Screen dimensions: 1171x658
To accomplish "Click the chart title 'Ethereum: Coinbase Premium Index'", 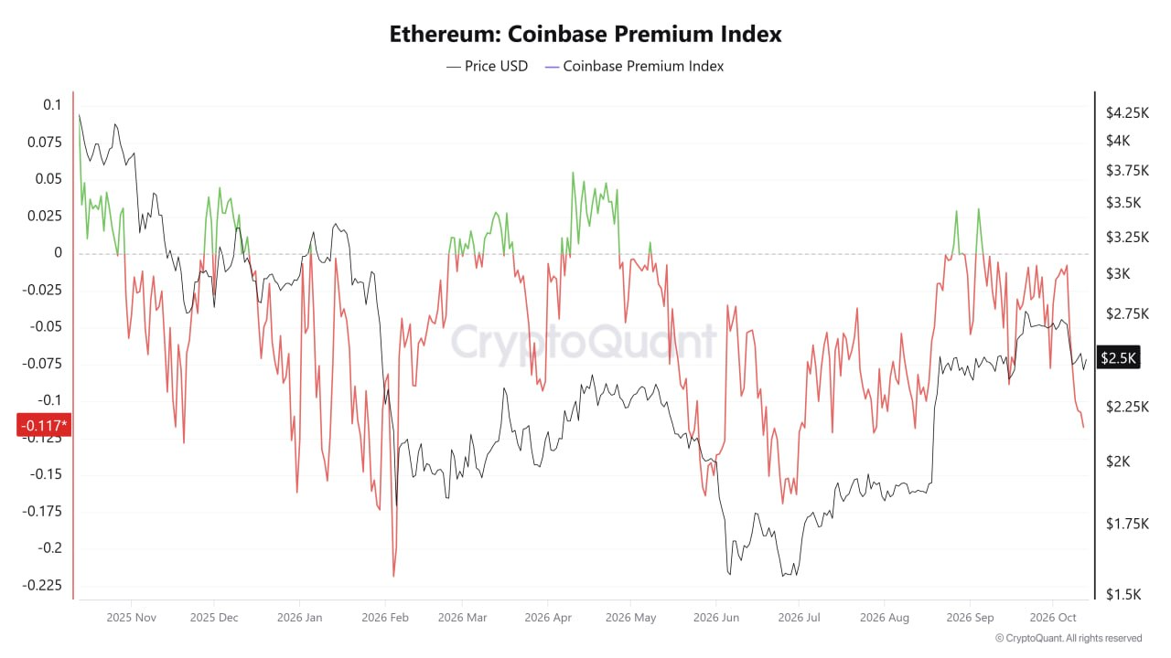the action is pyautogui.click(x=585, y=35).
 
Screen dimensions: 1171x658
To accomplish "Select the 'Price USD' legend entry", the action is pyautogui.click(x=488, y=67).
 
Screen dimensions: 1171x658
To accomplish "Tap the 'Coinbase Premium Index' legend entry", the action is pyautogui.click(x=634, y=67).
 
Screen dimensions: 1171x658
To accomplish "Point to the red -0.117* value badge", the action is pyautogui.click(x=44, y=425).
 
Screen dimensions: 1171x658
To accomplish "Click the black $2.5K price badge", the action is pyautogui.click(x=1118, y=357).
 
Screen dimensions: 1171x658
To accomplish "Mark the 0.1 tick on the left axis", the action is pyautogui.click(x=52, y=105).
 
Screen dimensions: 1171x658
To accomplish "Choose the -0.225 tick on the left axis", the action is pyautogui.click(x=42, y=585).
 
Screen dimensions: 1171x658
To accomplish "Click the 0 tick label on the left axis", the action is pyautogui.click(x=58, y=253).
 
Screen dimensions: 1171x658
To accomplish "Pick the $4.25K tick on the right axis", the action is pyautogui.click(x=1128, y=112).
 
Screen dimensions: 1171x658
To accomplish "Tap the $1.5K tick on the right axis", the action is pyautogui.click(x=1123, y=594).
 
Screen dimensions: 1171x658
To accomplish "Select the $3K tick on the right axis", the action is pyautogui.click(x=1118, y=273).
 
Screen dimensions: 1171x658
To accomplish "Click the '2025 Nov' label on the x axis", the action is pyautogui.click(x=131, y=617).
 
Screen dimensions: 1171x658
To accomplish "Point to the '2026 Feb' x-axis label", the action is pyautogui.click(x=385, y=617).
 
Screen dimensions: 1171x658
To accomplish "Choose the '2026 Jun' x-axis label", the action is pyautogui.click(x=716, y=617).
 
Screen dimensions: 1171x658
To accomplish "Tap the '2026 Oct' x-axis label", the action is pyautogui.click(x=1053, y=617).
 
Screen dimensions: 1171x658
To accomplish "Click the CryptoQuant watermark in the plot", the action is pyautogui.click(x=584, y=342).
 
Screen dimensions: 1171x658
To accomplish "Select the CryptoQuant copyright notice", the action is pyautogui.click(x=1069, y=638).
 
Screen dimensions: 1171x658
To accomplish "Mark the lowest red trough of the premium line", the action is pyautogui.click(x=393, y=576).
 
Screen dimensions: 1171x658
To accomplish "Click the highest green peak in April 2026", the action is pyautogui.click(x=573, y=173).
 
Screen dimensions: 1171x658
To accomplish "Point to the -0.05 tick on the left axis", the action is pyautogui.click(x=46, y=327).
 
